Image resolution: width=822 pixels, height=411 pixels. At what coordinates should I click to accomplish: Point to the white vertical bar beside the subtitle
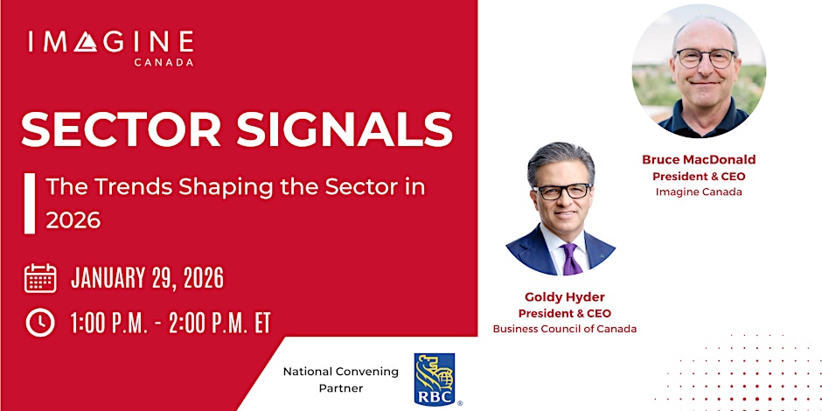pos(30,203)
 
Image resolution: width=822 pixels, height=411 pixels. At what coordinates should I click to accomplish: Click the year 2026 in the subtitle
pos(73,220)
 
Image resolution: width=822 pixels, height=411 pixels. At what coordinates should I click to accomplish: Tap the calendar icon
pos(40,278)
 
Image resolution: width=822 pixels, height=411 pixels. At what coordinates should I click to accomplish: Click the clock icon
pos(40,323)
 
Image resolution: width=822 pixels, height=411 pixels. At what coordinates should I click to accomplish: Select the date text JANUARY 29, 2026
pos(147,278)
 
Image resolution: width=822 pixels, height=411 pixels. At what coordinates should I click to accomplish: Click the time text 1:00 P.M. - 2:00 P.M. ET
pos(171,323)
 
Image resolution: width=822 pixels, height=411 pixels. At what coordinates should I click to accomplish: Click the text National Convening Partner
pos(341,379)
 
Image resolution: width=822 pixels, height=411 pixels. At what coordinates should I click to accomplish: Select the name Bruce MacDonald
pos(699,160)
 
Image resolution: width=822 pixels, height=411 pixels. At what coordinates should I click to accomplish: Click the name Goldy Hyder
pos(564,297)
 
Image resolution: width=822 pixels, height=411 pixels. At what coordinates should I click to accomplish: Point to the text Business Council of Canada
pos(564,329)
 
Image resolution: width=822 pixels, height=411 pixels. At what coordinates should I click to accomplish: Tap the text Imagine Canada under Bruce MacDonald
pos(699,192)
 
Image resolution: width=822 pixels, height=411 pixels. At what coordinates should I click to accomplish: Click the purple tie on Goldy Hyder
pos(571,259)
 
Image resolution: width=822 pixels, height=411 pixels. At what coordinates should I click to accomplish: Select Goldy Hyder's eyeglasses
pos(561,191)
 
